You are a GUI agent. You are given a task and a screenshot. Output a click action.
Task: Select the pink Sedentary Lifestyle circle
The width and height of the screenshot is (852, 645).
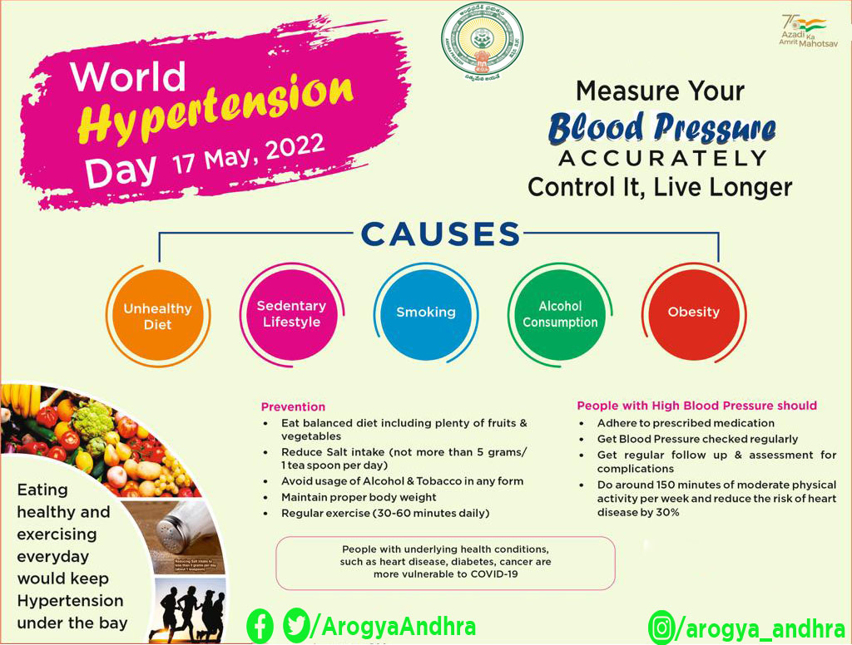click(291, 314)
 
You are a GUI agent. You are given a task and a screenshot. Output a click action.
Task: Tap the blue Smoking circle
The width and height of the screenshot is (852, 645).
click(425, 313)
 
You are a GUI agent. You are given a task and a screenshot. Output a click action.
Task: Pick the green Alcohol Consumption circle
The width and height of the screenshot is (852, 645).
click(560, 314)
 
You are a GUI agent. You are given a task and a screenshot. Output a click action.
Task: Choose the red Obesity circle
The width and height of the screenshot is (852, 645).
click(693, 313)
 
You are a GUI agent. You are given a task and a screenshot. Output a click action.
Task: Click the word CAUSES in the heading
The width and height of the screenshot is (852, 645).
click(440, 234)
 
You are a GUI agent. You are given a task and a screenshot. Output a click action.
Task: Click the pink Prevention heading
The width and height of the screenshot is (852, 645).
click(293, 407)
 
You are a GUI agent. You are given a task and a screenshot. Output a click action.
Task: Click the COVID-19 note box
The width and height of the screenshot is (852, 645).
click(445, 562)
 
